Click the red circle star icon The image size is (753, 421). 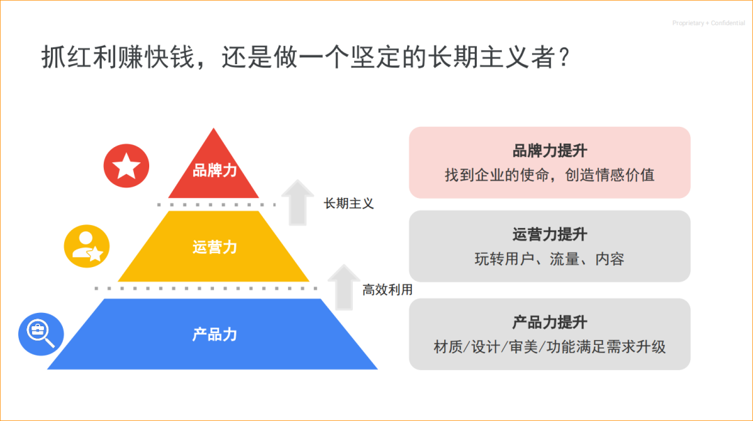pyautogui.click(x=126, y=167)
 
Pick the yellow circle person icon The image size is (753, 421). pyautogui.click(x=86, y=246)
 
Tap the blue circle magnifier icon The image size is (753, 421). pyautogui.click(x=40, y=332)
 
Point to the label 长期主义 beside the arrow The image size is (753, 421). pyautogui.click(x=349, y=204)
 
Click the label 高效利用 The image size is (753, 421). pyautogui.click(x=387, y=289)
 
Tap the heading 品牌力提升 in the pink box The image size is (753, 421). pyautogui.click(x=549, y=151)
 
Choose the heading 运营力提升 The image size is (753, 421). pyautogui.click(x=549, y=235)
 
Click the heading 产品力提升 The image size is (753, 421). pyautogui.click(x=549, y=322)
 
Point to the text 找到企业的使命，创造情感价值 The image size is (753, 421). pyautogui.click(x=549, y=175)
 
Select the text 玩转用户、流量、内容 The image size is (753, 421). pyautogui.click(x=549, y=259)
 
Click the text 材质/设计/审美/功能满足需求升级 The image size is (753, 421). pyautogui.click(x=549, y=346)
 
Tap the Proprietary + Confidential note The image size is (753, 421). pyautogui.click(x=708, y=24)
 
